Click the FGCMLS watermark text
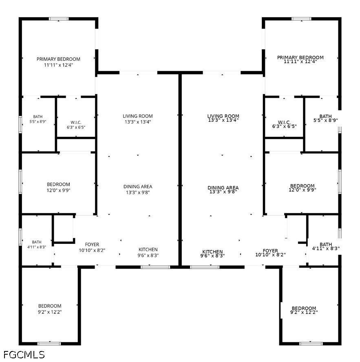[24, 354]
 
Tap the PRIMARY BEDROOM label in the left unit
[58, 59]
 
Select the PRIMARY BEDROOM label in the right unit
[300, 57]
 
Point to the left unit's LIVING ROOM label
[138, 116]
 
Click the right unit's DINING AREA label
[223, 188]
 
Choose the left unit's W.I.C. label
[76, 122]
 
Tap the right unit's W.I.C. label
[284, 122]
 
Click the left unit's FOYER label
[92, 244]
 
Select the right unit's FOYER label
[270, 250]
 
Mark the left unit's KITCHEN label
[148, 249]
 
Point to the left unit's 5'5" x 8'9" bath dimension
[38, 121]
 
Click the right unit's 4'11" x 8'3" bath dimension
[326, 248]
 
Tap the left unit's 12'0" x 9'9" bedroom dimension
[58, 190]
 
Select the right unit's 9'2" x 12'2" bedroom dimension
[304, 312]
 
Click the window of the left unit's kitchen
[155, 267]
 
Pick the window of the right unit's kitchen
[205, 267]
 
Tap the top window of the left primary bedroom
[59, 19]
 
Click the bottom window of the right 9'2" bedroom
[311, 344]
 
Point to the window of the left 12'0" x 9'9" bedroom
[20, 182]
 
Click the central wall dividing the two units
[180, 170]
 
